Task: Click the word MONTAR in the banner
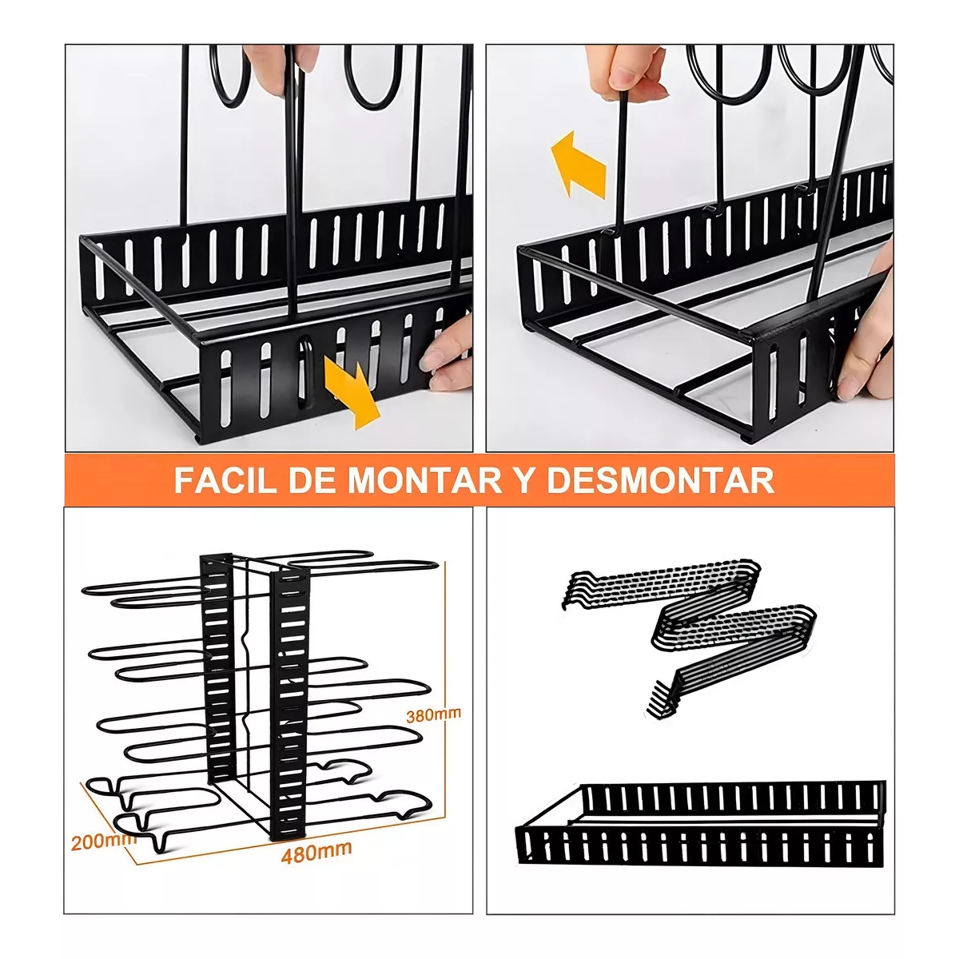419,481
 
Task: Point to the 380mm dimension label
434,714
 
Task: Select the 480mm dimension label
316,852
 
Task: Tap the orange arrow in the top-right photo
580,165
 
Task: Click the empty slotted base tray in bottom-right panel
703,823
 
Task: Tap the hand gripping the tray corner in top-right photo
867,336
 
